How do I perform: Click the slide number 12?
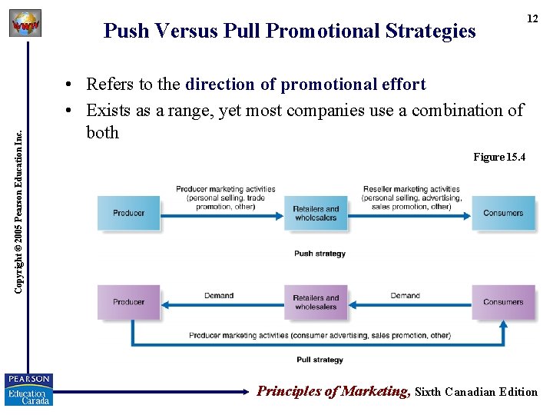531,18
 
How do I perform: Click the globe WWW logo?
25,25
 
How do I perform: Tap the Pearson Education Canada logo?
28,389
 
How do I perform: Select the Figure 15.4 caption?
499,157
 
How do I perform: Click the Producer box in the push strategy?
128,213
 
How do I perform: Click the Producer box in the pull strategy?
128,302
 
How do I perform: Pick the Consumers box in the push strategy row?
503,213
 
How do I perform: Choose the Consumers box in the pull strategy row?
503,302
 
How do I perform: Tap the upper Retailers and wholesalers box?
316,213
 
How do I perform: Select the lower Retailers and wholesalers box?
316,302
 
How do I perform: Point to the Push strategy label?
320,254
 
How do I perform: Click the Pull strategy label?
320,360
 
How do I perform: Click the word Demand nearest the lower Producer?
219,295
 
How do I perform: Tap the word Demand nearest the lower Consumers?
405,295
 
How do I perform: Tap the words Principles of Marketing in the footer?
333,391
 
